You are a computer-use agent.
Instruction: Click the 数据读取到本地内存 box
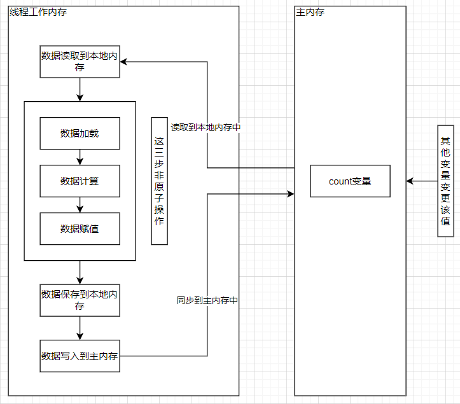click(x=80, y=62)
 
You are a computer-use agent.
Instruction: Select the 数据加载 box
click(x=80, y=133)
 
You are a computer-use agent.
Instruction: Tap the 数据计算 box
click(x=80, y=181)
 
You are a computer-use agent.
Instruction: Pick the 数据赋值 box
click(x=80, y=228)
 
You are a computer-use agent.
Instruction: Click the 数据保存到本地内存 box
click(x=80, y=300)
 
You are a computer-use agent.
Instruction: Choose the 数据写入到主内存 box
click(x=80, y=356)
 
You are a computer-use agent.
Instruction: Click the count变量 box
click(x=350, y=181)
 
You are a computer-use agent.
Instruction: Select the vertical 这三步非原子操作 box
click(x=159, y=181)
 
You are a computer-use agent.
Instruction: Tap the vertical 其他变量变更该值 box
click(x=445, y=181)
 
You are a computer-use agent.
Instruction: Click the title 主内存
click(x=310, y=12)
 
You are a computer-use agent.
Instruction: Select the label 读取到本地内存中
click(x=206, y=127)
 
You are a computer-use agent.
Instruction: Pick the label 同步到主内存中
click(x=207, y=300)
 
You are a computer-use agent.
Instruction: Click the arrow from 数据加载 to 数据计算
click(x=80, y=157)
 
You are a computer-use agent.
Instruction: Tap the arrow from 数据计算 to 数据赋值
click(x=80, y=205)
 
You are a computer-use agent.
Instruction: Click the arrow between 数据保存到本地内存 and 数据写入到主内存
click(x=80, y=328)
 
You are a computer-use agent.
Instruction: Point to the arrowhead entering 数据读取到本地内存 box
click(x=124, y=62)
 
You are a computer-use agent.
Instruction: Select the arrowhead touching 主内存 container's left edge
click(x=291, y=193)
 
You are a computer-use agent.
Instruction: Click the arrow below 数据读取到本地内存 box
click(x=80, y=90)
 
